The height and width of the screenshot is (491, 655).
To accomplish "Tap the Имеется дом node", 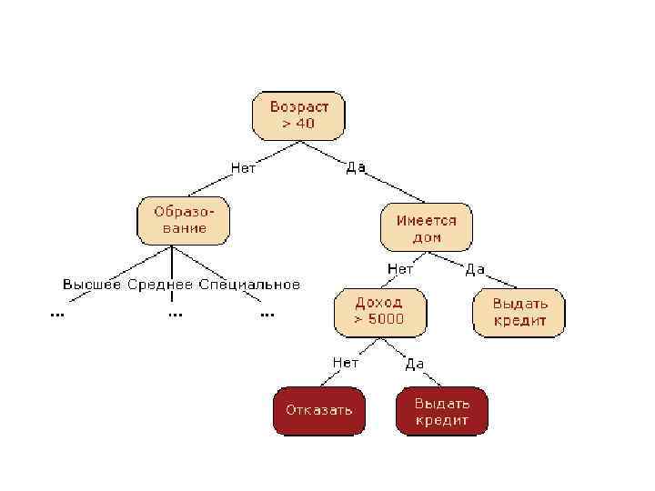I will (x=426, y=227).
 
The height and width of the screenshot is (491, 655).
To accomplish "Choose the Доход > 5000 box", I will (x=381, y=310).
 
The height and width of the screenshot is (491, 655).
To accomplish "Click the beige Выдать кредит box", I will (x=519, y=312).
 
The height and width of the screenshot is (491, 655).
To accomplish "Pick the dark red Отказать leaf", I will (x=318, y=410).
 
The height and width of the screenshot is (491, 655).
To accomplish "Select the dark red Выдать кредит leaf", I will (x=441, y=411).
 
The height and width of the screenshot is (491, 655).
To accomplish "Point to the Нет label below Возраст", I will (x=243, y=167).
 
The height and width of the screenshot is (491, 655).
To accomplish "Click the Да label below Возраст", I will (x=355, y=167).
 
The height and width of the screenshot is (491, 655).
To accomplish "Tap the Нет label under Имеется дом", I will (x=400, y=269).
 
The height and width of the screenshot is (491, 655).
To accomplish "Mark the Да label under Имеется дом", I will (x=475, y=269).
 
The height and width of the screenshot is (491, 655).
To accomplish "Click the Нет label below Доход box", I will (x=346, y=363).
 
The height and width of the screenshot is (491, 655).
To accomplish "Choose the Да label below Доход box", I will (x=414, y=364).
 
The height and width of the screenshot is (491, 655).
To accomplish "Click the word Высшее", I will (x=92, y=285).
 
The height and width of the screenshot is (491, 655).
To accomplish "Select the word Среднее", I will (x=160, y=285).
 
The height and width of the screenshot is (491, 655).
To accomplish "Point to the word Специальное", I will (x=248, y=285).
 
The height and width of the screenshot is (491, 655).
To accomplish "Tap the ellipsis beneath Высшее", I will (x=56, y=314).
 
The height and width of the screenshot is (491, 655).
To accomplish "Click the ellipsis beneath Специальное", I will (x=267, y=314).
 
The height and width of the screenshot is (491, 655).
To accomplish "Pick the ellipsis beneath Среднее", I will (x=175, y=314).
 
